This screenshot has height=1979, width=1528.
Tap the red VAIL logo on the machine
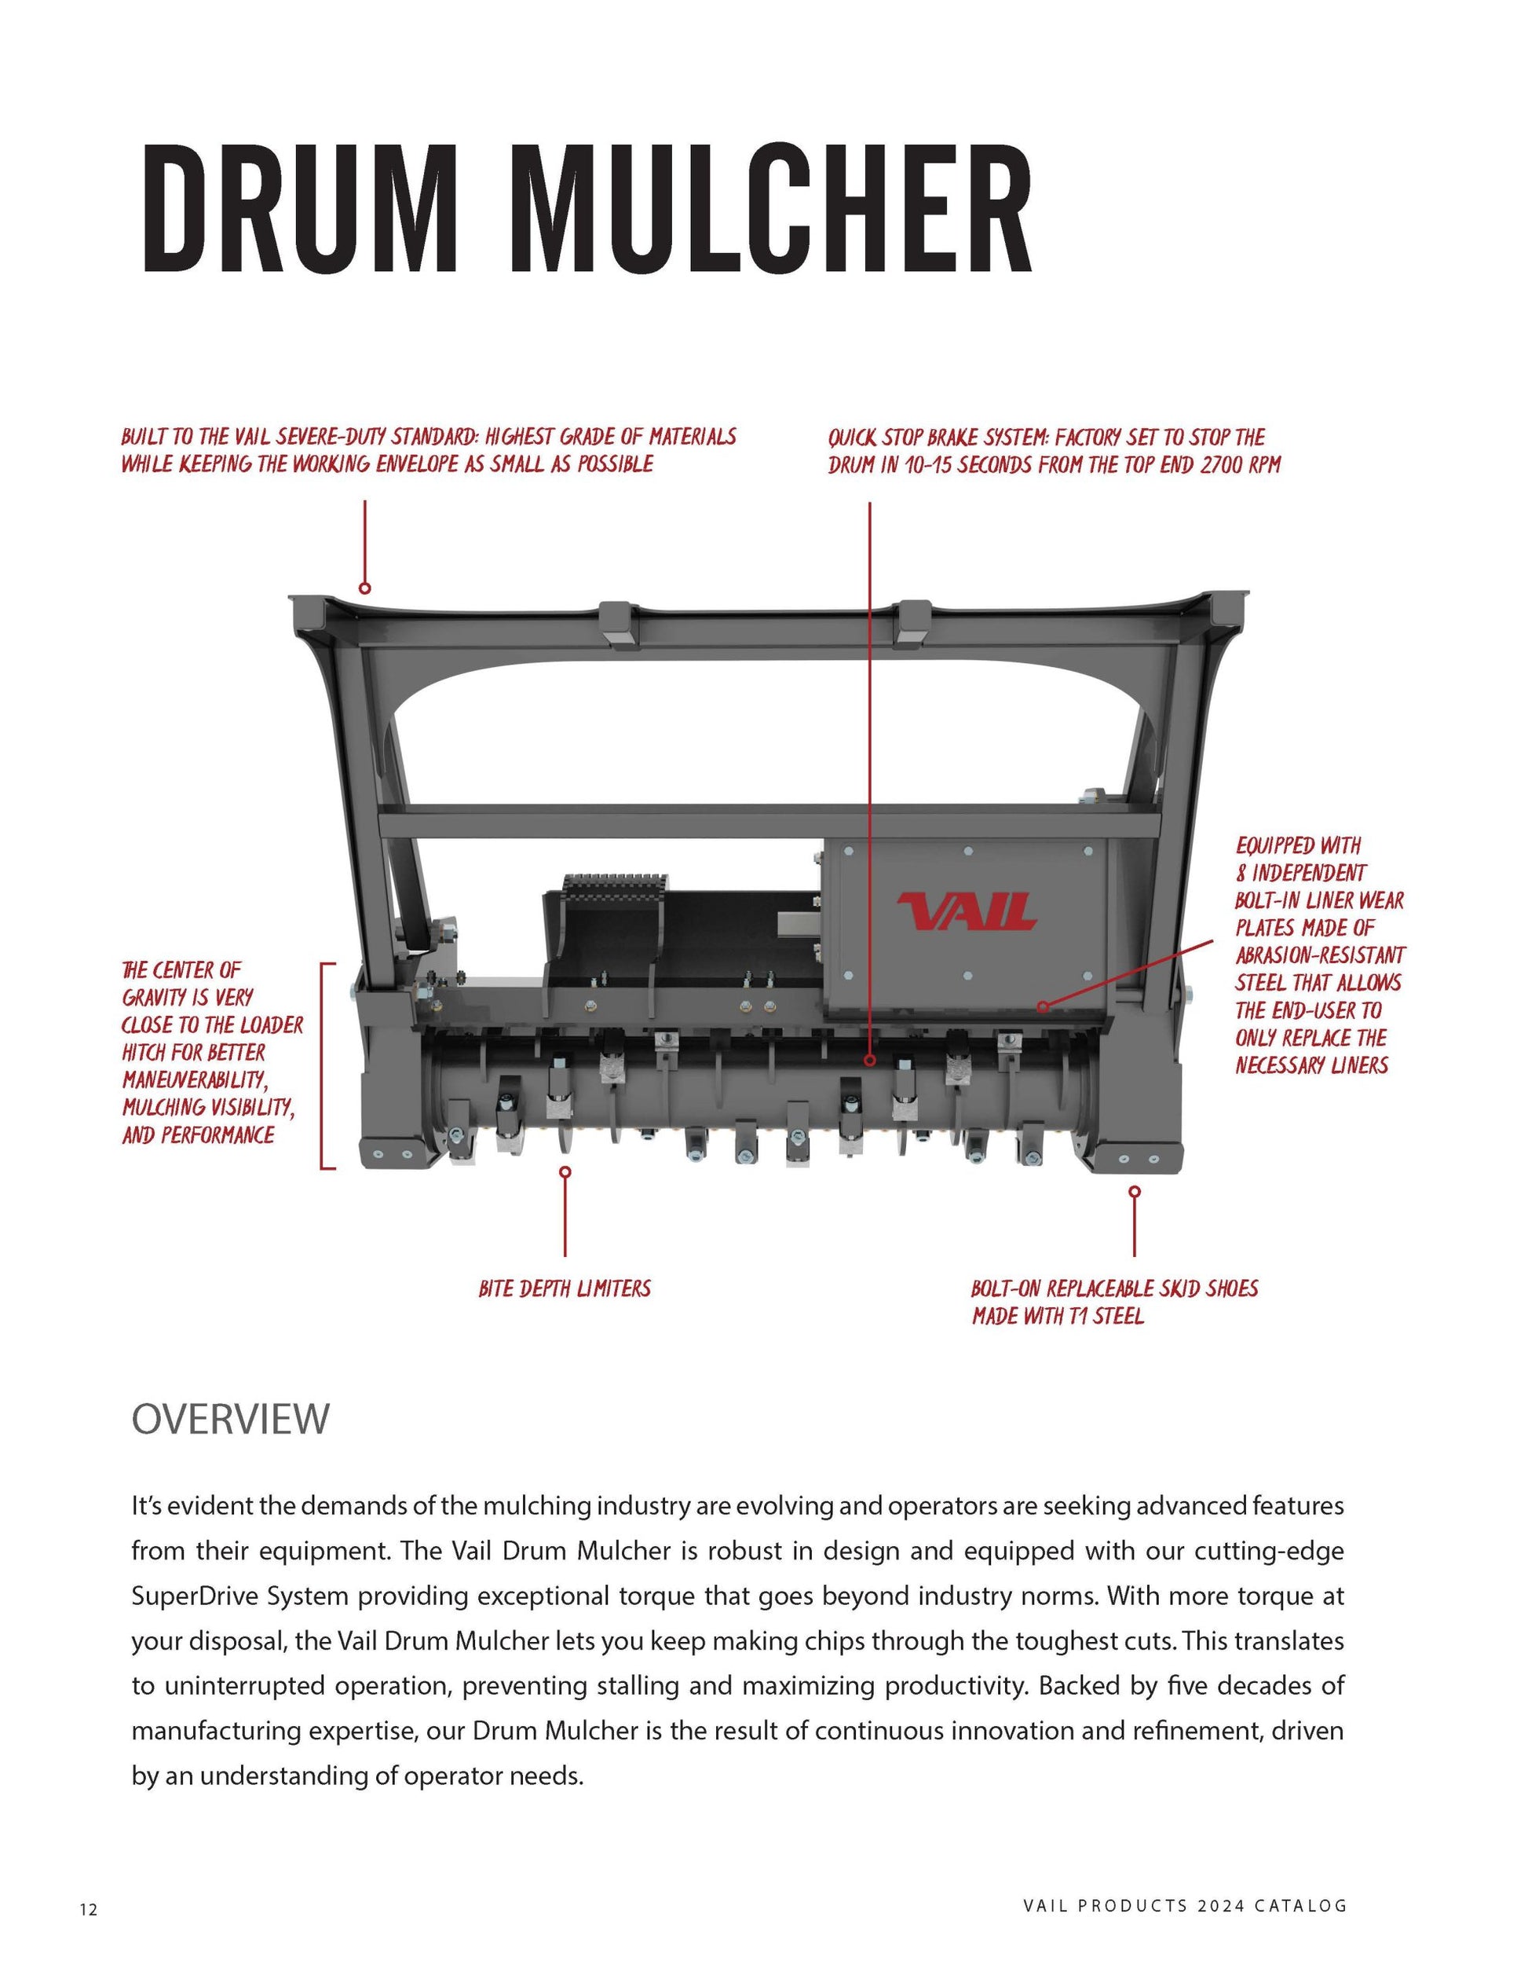tap(967, 911)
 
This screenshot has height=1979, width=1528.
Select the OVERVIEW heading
tap(230, 1418)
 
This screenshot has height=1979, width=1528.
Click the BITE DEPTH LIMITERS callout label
tap(565, 1288)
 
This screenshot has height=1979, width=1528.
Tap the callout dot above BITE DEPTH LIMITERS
tap(565, 1171)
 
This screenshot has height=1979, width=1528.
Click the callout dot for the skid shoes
tap(1134, 1192)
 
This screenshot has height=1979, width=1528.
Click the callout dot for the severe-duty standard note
tap(365, 588)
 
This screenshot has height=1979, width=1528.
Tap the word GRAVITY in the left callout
tap(154, 998)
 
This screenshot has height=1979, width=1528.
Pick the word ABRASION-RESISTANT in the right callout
tap(1320, 955)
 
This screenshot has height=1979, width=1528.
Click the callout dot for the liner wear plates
tap(1043, 1006)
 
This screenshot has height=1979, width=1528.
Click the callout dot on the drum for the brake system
tap(869, 1059)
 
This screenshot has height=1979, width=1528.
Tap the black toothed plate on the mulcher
tap(615, 885)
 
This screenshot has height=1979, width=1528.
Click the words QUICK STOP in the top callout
tap(875, 438)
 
